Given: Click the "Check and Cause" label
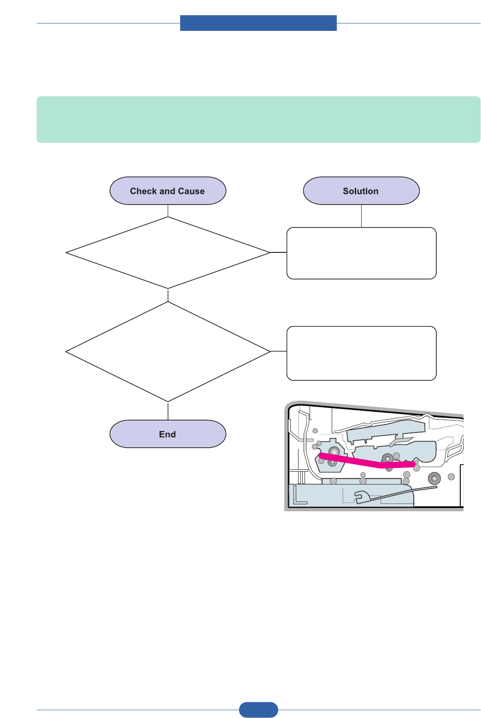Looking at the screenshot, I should (167, 191).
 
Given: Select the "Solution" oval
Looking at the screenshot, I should (361, 191).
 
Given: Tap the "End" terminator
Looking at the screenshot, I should (168, 434).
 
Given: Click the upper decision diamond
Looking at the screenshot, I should (168, 253).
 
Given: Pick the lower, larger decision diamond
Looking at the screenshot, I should (168, 352).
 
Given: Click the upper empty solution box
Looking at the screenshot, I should (361, 253).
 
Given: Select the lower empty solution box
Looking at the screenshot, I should (361, 353).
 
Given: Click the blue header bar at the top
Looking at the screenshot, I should (258, 23).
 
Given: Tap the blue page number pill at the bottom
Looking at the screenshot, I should (258, 710).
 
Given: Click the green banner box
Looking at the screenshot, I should (258, 119).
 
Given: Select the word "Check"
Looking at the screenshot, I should (143, 191).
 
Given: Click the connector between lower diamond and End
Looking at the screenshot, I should (168, 411).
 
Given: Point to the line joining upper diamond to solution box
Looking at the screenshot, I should (278, 252).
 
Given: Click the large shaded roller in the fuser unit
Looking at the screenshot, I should (334, 452).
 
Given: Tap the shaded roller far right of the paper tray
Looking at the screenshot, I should (434, 479).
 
